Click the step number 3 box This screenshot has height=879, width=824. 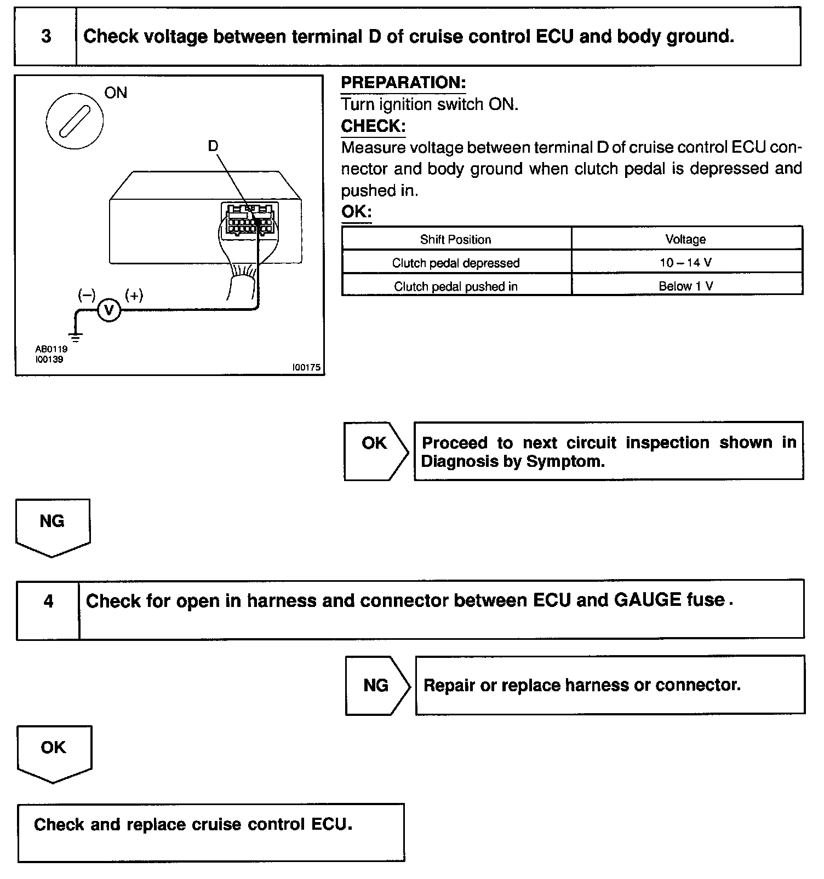(46, 37)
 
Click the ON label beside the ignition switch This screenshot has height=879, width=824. (116, 93)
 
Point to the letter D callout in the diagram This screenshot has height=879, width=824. (213, 146)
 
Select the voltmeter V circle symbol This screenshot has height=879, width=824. (108, 310)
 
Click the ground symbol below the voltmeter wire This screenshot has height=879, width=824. (76, 336)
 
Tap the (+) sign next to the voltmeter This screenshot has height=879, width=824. (134, 296)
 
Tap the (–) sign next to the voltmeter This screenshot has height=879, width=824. (87, 296)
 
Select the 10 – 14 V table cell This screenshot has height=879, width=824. (685, 263)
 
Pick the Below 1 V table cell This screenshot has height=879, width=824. (685, 286)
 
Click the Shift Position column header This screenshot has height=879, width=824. (455, 239)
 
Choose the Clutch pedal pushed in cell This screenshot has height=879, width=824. (455, 286)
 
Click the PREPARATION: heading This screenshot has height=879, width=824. (403, 83)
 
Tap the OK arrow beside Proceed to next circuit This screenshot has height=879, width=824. (375, 450)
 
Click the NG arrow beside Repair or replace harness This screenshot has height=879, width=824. (377, 685)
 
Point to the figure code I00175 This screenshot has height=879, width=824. (306, 368)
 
